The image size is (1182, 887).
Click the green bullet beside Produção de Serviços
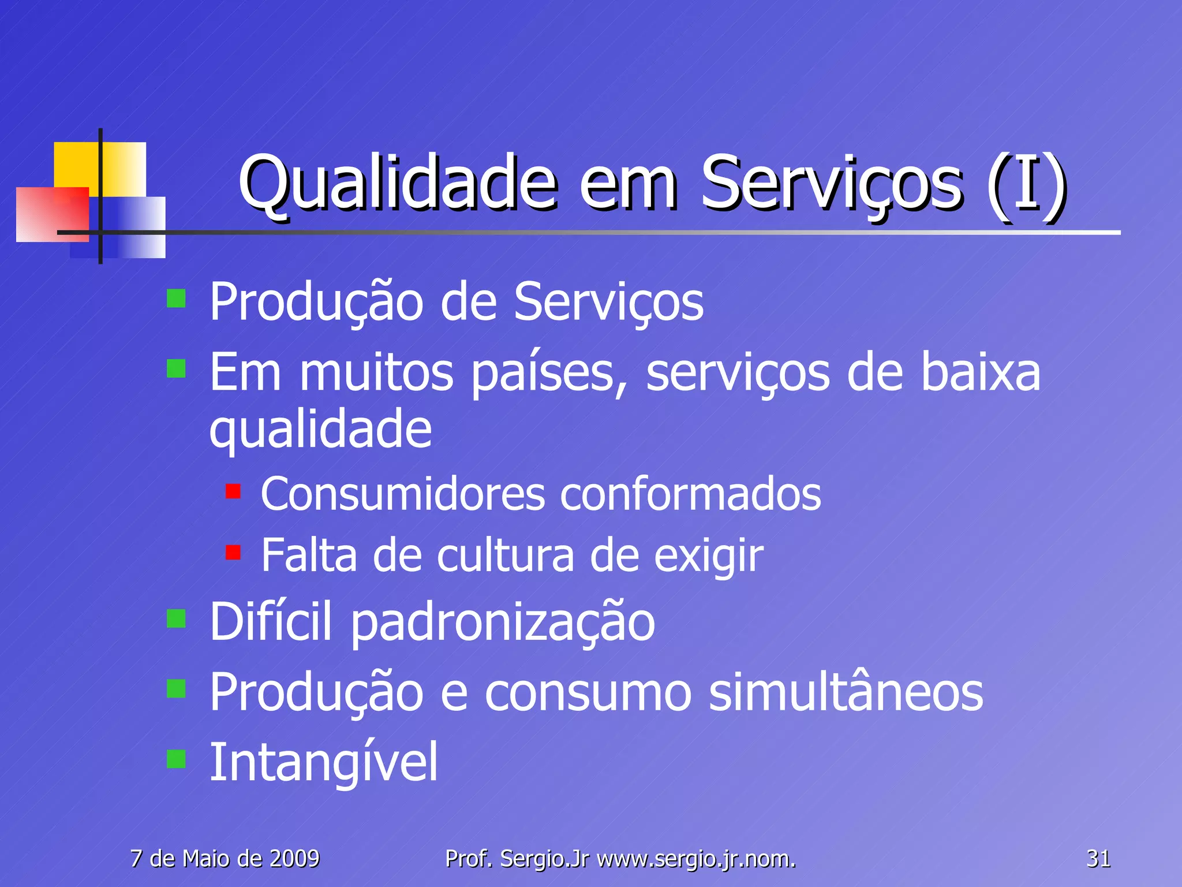[x=176, y=299]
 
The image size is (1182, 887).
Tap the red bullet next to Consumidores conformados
[x=233, y=491]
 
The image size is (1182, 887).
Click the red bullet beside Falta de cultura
[x=233, y=553]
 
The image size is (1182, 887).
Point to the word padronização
[x=503, y=623]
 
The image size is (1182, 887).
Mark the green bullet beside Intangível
[x=176, y=759]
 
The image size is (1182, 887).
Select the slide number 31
[x=1098, y=859]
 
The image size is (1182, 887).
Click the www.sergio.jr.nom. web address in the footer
[x=696, y=859]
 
